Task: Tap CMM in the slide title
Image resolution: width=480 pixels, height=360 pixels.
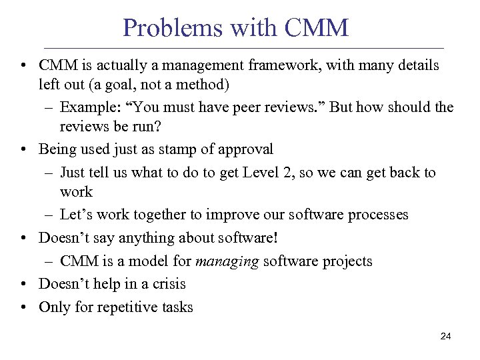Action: click(316, 28)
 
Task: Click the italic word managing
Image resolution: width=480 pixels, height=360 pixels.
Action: click(227, 261)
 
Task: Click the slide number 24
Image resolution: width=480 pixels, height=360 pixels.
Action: click(446, 337)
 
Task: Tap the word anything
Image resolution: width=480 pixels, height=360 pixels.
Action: click(132, 238)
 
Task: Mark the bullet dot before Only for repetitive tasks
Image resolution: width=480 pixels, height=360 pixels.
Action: click(23, 308)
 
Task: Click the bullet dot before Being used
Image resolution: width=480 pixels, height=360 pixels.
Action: click(23, 150)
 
